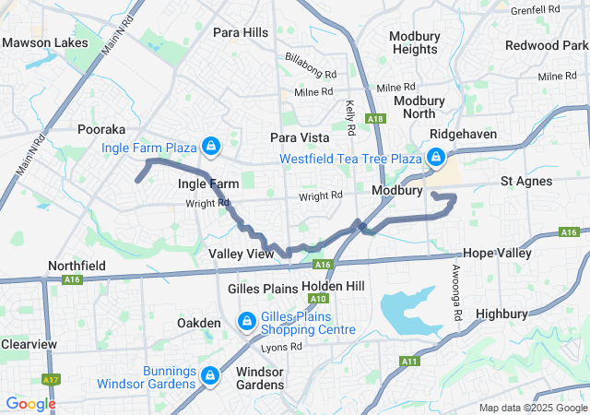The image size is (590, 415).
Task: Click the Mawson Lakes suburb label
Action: point(45,42)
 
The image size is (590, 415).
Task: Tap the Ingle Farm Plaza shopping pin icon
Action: point(212,147)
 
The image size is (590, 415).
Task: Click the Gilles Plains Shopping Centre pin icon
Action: point(247,321)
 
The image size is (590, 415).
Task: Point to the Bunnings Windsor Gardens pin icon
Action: point(210,375)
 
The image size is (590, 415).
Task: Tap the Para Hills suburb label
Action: point(241,32)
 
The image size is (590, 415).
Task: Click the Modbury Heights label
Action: point(414,42)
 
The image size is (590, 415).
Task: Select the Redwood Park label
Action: point(547,45)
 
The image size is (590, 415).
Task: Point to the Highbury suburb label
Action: point(501,314)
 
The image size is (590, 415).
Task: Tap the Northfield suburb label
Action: point(77,266)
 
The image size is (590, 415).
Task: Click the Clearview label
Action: point(29,344)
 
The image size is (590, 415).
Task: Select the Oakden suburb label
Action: point(199,323)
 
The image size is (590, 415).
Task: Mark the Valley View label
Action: point(242,254)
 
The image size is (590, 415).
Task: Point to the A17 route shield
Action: point(51,379)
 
